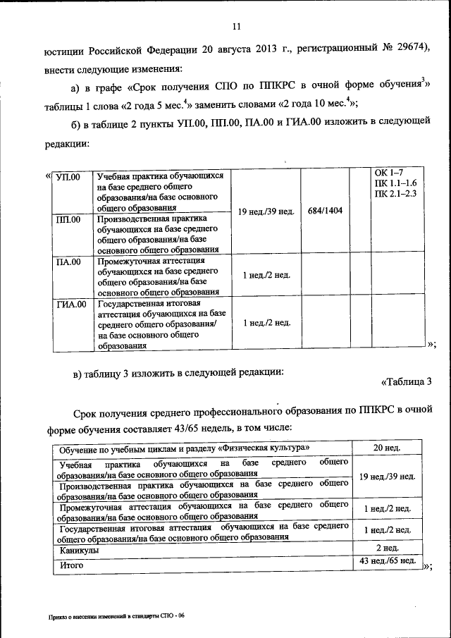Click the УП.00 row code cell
coord(68,176)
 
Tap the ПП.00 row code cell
coord(68,219)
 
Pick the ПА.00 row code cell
coord(68,262)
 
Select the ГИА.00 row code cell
coord(70,305)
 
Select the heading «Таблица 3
coord(406,382)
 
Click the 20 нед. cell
coord(387,448)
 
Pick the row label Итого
coord(72,565)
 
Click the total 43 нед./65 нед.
coord(387,561)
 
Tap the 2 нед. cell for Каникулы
coord(387,548)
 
